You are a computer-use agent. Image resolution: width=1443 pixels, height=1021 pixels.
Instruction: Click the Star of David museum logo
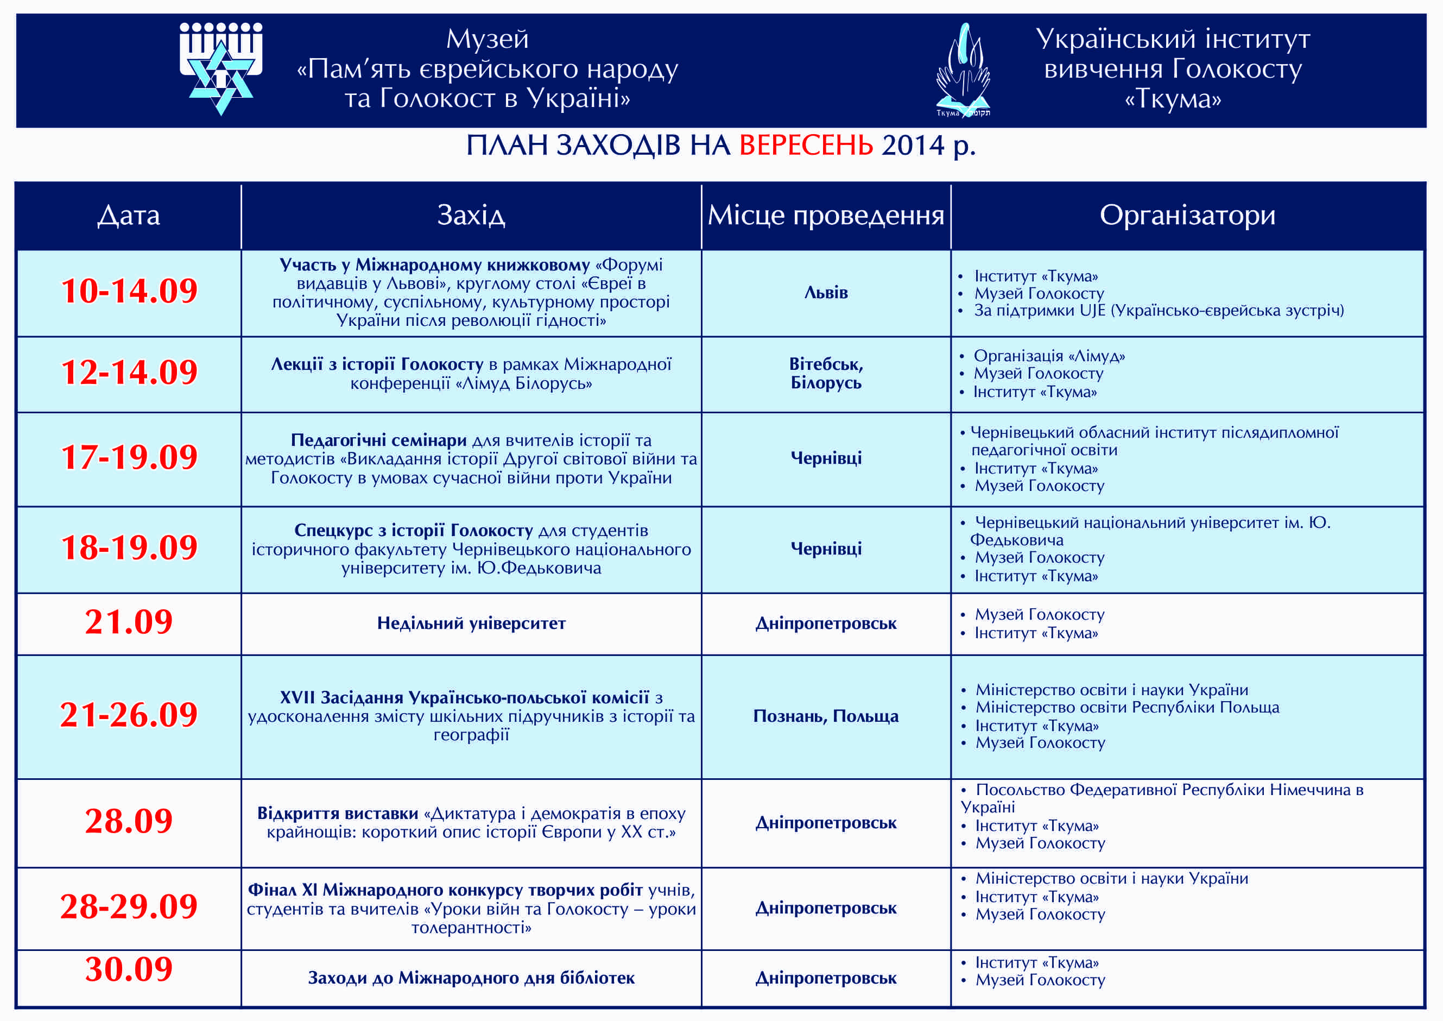(220, 68)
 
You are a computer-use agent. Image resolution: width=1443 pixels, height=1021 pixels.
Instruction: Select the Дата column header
(129, 215)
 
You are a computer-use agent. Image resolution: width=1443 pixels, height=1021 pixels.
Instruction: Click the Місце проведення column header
(826, 215)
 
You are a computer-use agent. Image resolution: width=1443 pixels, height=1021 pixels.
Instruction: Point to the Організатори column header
(1187, 215)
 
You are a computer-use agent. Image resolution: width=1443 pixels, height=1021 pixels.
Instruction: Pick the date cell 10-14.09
(129, 291)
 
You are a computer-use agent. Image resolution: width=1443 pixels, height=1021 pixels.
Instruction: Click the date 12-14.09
(129, 371)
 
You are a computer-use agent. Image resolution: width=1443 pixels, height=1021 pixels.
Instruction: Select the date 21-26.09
(129, 714)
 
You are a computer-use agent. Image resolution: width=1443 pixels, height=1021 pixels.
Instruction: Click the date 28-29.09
(129, 906)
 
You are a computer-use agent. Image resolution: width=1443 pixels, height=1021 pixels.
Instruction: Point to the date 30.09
(129, 969)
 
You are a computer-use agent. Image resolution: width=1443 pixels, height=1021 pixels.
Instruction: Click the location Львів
(826, 292)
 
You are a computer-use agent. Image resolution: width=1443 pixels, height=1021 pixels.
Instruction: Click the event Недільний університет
(471, 623)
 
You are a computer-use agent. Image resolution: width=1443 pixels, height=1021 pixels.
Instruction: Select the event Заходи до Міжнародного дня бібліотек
(471, 978)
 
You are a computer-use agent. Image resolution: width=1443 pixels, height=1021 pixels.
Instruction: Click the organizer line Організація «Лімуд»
(1049, 356)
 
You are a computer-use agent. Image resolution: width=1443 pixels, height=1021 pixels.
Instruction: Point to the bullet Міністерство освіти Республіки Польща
(1127, 707)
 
